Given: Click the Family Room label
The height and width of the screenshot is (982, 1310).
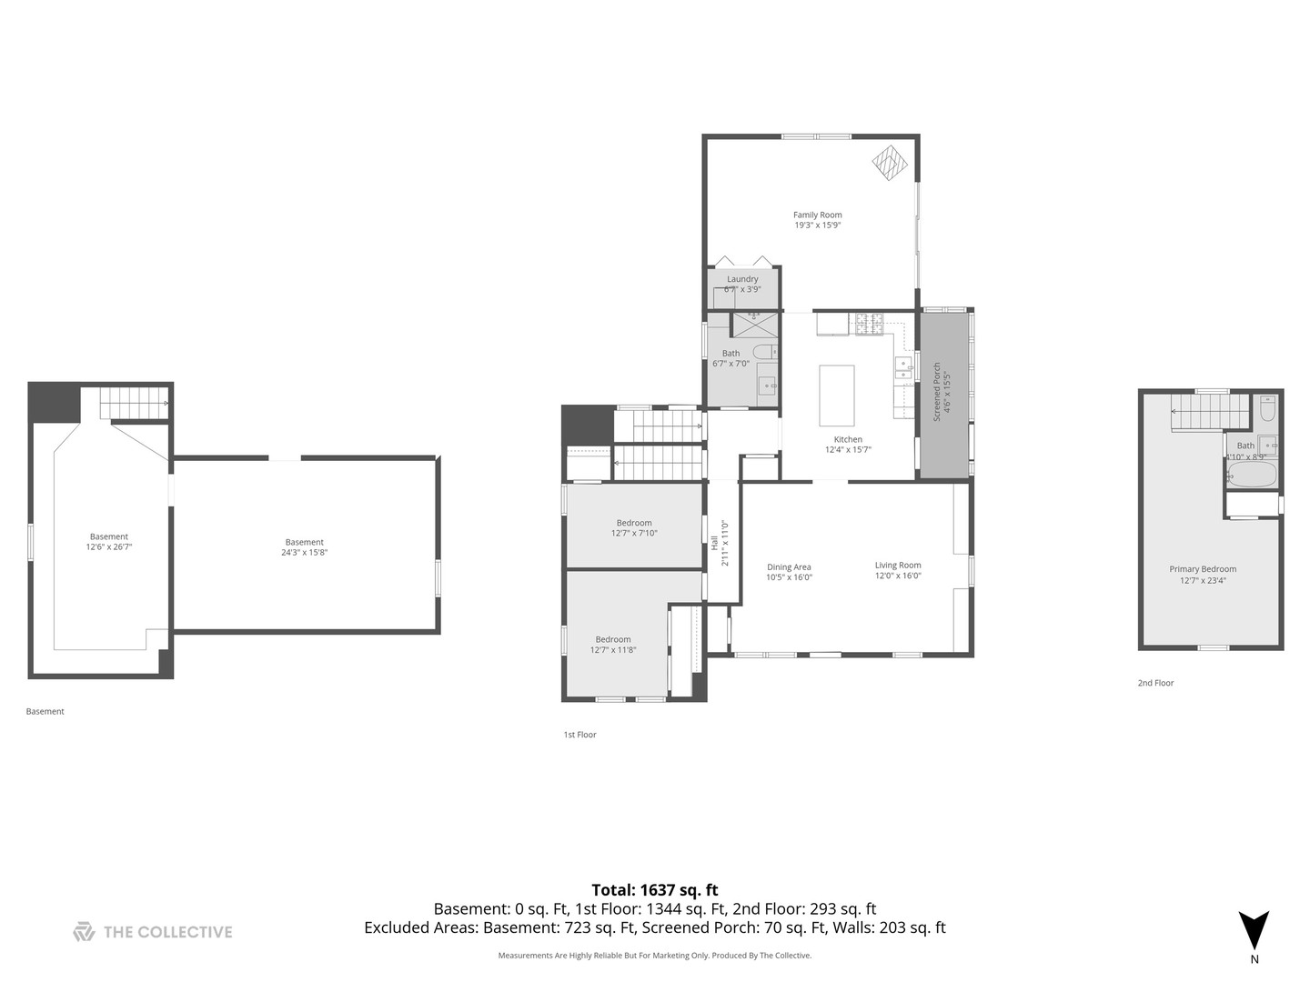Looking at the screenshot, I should (x=817, y=215).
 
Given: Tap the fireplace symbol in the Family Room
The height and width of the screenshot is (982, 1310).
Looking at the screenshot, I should (x=890, y=163).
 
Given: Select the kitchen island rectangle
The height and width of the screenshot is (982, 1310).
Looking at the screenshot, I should (x=836, y=395).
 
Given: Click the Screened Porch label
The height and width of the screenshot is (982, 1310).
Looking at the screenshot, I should (x=937, y=392).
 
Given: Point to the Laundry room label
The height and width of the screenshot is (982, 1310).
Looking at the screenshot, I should (x=742, y=279).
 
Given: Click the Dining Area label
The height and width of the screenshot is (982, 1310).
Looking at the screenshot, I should (x=788, y=567).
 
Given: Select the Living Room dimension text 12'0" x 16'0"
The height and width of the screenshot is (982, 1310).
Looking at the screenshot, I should (x=898, y=576).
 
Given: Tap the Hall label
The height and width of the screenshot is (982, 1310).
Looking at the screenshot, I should (x=714, y=543).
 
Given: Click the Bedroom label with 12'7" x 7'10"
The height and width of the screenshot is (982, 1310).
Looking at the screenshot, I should (x=634, y=523).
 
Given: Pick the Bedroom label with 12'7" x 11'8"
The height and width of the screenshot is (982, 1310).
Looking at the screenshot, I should (x=613, y=639).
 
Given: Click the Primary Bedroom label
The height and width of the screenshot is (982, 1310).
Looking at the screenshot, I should (x=1203, y=569).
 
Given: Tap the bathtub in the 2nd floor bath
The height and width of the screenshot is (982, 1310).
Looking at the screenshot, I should (x=1253, y=474).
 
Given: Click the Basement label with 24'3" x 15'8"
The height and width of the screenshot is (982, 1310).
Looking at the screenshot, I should (x=304, y=542).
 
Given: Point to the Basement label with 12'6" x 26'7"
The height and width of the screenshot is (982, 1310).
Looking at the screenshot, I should (x=108, y=536).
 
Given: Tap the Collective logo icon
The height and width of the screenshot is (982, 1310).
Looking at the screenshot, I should (x=84, y=931).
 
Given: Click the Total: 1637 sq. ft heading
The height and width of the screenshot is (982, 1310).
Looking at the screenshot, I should (x=654, y=890).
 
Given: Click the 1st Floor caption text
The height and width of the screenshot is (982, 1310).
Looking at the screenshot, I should (x=579, y=735).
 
